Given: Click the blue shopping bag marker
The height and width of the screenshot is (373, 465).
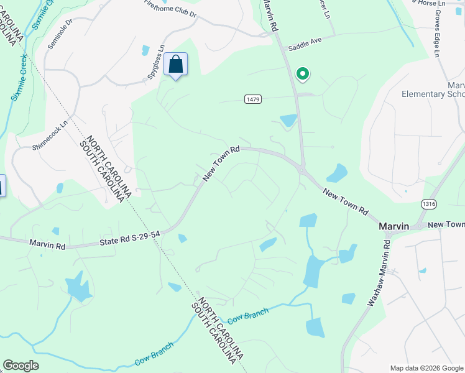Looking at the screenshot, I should (x=175, y=65).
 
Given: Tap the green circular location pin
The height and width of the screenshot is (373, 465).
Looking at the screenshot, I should (x=303, y=75).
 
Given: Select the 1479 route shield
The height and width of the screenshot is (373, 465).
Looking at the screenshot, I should (x=252, y=99).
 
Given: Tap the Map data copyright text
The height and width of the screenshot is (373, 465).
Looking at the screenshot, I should (x=426, y=368).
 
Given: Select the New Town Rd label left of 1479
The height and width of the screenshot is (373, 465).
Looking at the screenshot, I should (x=221, y=163).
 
